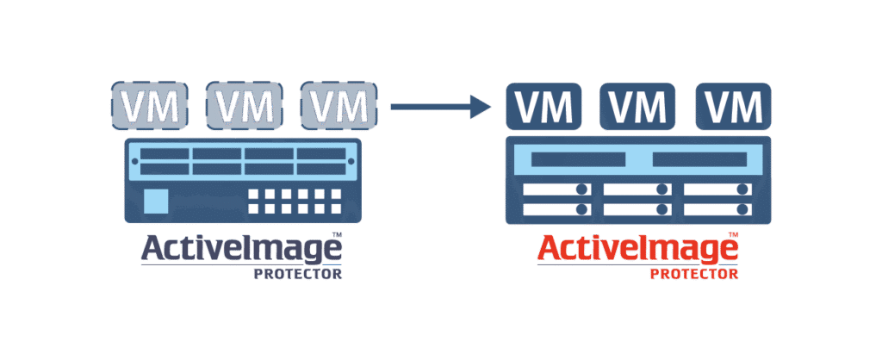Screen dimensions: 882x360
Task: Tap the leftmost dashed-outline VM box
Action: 150,106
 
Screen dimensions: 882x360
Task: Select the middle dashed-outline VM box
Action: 245,106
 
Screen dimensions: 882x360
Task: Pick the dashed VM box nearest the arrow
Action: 339,106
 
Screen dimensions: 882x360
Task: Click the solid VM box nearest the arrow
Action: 543,106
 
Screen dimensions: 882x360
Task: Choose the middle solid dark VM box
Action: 637,106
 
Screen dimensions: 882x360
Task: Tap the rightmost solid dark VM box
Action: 734,106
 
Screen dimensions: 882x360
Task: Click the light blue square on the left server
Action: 156,201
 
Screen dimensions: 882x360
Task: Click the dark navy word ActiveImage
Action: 241,250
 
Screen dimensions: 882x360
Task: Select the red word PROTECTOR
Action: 694,274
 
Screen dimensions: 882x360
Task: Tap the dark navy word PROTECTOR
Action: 297,274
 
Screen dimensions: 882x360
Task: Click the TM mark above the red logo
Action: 733,233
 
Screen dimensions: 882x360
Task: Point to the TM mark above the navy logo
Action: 337,233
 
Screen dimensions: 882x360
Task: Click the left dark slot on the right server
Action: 578,159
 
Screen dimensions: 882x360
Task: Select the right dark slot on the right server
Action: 699,159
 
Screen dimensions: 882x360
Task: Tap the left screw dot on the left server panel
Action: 134,162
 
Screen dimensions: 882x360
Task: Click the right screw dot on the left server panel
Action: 351,162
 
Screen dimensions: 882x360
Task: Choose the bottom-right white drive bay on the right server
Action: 717,210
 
